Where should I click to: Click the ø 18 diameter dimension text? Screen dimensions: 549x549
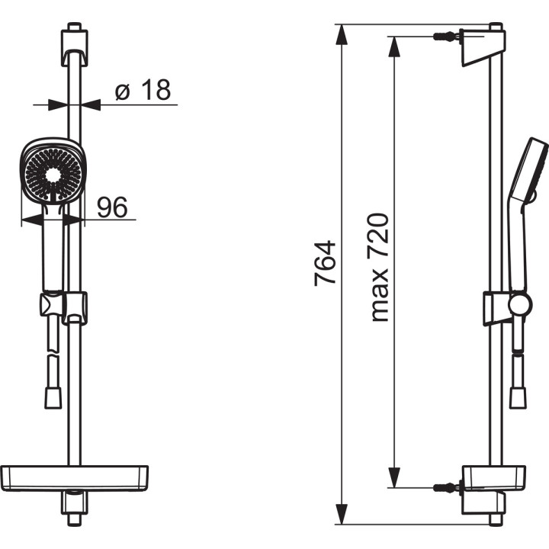[143, 91]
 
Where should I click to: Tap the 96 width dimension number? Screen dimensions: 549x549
[112, 206]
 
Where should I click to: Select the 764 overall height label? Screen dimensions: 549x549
[326, 263]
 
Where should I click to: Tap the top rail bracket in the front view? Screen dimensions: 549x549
[73, 46]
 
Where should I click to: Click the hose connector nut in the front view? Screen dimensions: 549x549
[53, 397]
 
